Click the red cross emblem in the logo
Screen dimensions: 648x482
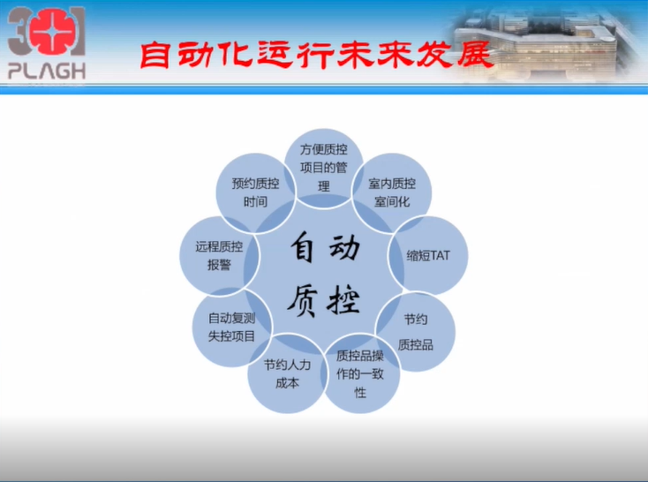[52, 33]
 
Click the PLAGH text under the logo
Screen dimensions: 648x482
[47, 72]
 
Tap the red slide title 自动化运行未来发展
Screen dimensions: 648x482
[316, 54]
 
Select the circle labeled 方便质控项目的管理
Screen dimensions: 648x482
[324, 169]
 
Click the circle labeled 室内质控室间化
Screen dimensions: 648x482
[392, 192]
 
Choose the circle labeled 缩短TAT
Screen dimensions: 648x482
[428, 255]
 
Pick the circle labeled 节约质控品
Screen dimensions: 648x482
[416, 332]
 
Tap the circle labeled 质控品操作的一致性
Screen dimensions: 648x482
[360, 373]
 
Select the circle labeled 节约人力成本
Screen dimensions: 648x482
[287, 373]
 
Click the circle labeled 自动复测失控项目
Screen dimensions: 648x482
[232, 327]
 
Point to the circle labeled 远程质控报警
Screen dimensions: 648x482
[219, 255]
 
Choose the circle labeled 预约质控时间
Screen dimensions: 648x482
[255, 192]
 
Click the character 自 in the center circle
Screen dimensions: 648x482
[303, 247]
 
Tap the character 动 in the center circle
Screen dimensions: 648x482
[344, 247]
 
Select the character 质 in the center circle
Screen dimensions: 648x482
[303, 300]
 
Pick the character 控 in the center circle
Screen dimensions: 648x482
[343, 300]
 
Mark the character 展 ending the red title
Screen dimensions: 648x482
[475, 54]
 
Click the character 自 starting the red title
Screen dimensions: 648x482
[155, 55]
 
